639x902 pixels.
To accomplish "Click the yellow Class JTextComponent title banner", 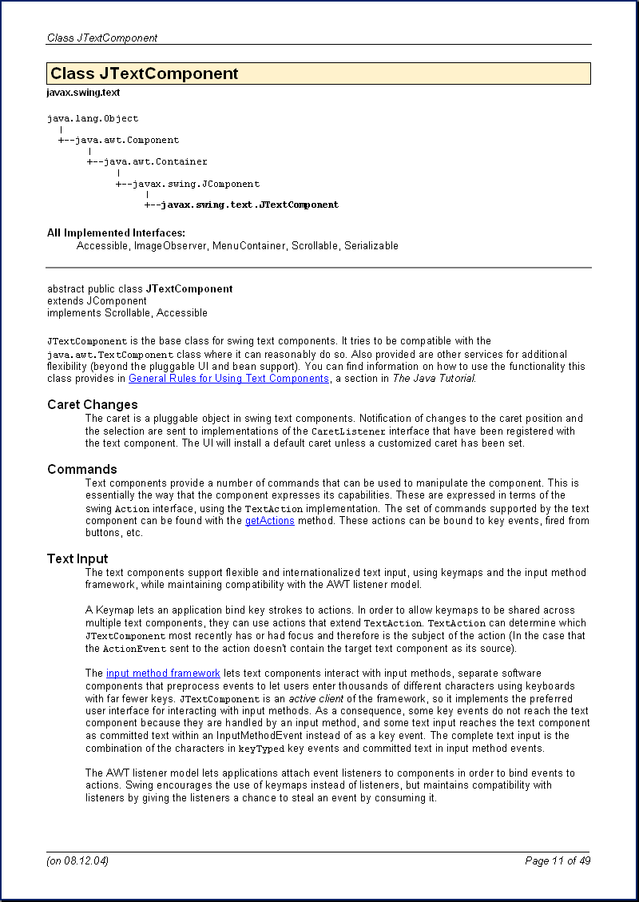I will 318,74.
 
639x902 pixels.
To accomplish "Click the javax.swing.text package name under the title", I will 83,93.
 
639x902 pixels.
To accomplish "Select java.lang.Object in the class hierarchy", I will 93,118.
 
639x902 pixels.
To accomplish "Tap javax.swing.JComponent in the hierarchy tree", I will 196,184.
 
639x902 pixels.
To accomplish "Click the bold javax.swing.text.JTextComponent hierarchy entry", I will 249,205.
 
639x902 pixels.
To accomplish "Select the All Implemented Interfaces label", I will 116,232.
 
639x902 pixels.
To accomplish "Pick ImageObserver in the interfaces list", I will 169,245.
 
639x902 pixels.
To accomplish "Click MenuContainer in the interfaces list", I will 248,245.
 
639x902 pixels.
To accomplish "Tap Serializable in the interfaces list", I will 371,245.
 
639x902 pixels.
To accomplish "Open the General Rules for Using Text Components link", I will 228,378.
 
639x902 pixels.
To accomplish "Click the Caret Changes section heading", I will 93,404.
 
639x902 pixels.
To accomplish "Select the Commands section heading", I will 82,469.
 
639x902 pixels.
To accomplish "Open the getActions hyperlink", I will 269,520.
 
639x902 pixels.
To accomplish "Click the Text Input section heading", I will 77,558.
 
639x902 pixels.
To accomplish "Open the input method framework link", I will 163,674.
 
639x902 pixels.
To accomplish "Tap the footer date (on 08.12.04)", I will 77,860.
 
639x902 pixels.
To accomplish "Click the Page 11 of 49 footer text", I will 558,860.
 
